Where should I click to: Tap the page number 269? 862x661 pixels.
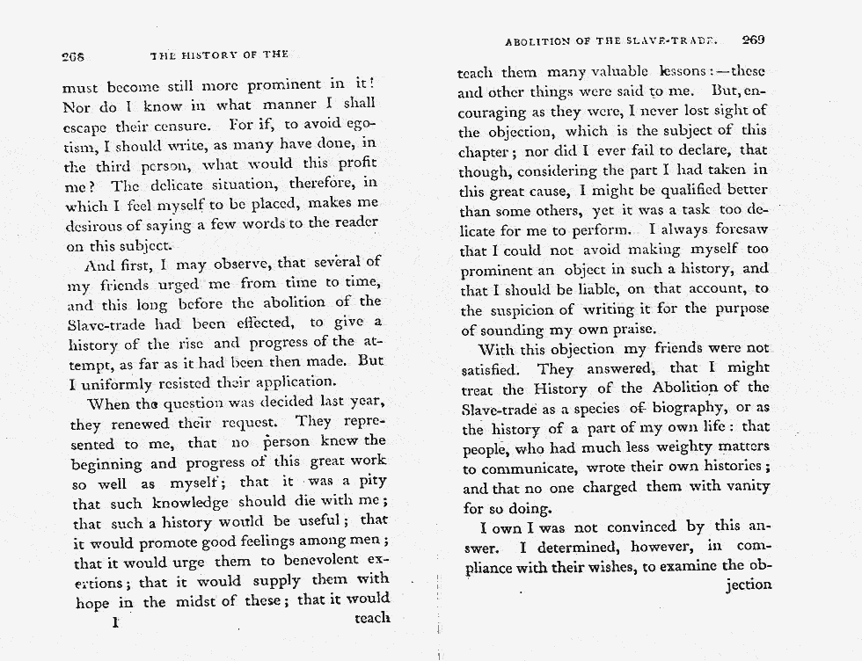(x=755, y=40)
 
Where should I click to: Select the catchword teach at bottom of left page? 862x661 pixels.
(x=371, y=618)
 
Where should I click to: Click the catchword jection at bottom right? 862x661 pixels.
(x=749, y=585)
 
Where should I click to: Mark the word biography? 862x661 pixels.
(x=690, y=409)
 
